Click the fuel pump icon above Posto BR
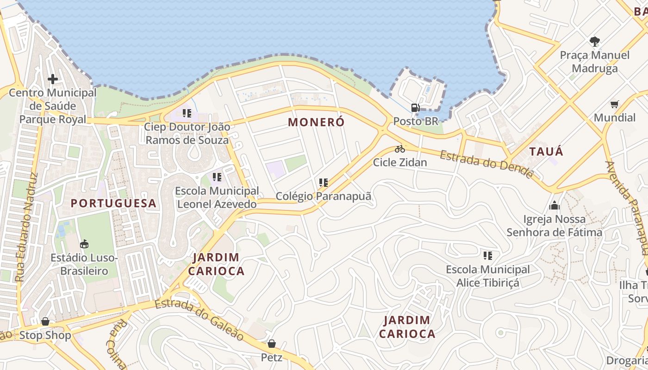[415, 108]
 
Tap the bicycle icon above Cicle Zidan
[400, 149]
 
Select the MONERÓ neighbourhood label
[317, 122]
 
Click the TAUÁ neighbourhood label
[546, 151]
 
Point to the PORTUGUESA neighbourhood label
[113, 203]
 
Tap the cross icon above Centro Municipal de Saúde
[53, 79]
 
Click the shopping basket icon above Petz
[272, 344]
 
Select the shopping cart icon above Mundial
[614, 104]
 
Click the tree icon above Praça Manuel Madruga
[595, 42]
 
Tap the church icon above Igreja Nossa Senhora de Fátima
[555, 205]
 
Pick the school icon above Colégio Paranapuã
[324, 183]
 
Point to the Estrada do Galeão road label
[199, 319]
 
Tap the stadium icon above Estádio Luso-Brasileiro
[84, 244]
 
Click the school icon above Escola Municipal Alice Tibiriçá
[488, 256]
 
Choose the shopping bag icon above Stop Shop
[45, 321]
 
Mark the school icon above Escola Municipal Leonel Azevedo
[217, 177]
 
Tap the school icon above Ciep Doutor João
[187, 113]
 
